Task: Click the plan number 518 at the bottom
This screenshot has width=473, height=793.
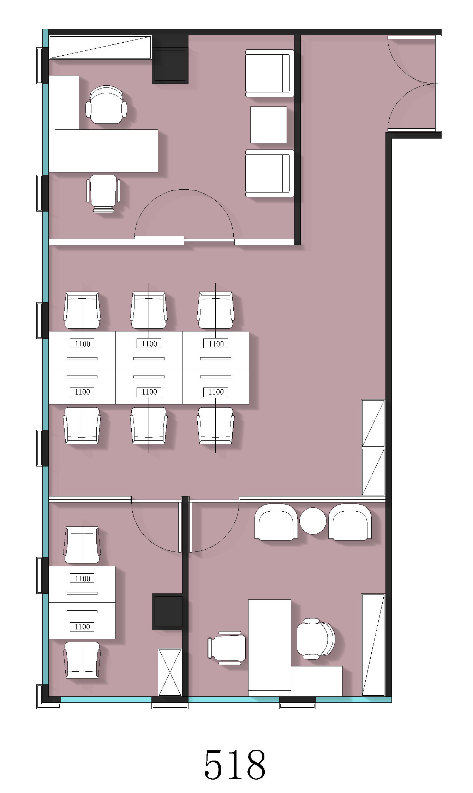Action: click(235, 765)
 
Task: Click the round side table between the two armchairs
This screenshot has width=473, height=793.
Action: click(313, 520)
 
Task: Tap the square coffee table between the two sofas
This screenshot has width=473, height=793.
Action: click(269, 125)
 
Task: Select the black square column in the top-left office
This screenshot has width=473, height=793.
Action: click(170, 66)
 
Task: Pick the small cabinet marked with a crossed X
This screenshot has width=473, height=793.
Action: click(170, 672)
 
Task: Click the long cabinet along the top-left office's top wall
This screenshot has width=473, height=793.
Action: click(100, 47)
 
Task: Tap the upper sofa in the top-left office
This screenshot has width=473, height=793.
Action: click(270, 73)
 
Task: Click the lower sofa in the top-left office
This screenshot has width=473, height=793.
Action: click(270, 173)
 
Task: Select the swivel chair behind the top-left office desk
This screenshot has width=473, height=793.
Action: click(106, 105)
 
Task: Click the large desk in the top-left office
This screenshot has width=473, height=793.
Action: click(106, 151)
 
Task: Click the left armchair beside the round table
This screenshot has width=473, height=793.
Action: click(276, 522)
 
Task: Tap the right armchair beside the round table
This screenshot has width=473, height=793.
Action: click(350, 522)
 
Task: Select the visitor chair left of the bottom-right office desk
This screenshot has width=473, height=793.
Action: click(227, 648)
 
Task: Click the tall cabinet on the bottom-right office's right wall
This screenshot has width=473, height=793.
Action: click(373, 645)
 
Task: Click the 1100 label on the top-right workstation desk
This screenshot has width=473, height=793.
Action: click(216, 343)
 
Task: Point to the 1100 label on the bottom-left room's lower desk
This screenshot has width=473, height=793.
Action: click(82, 627)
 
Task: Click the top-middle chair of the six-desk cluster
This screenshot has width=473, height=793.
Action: click(149, 310)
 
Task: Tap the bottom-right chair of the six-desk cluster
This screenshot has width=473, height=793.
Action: click(216, 426)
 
